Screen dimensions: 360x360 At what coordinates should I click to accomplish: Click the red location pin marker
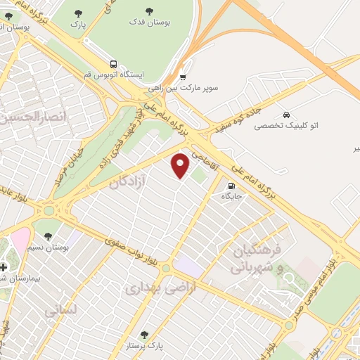(x=181, y=165)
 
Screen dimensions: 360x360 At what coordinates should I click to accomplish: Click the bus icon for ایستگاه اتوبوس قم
(x=114, y=63)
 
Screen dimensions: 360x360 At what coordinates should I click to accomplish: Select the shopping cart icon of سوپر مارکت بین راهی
(x=183, y=77)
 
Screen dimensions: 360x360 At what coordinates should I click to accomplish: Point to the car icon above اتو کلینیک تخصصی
(x=286, y=115)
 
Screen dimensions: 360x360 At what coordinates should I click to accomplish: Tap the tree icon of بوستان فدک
(x=148, y=10)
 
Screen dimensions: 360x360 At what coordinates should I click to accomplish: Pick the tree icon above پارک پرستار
(x=145, y=335)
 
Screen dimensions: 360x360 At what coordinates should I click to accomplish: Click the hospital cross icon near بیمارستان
(x=4, y=267)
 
